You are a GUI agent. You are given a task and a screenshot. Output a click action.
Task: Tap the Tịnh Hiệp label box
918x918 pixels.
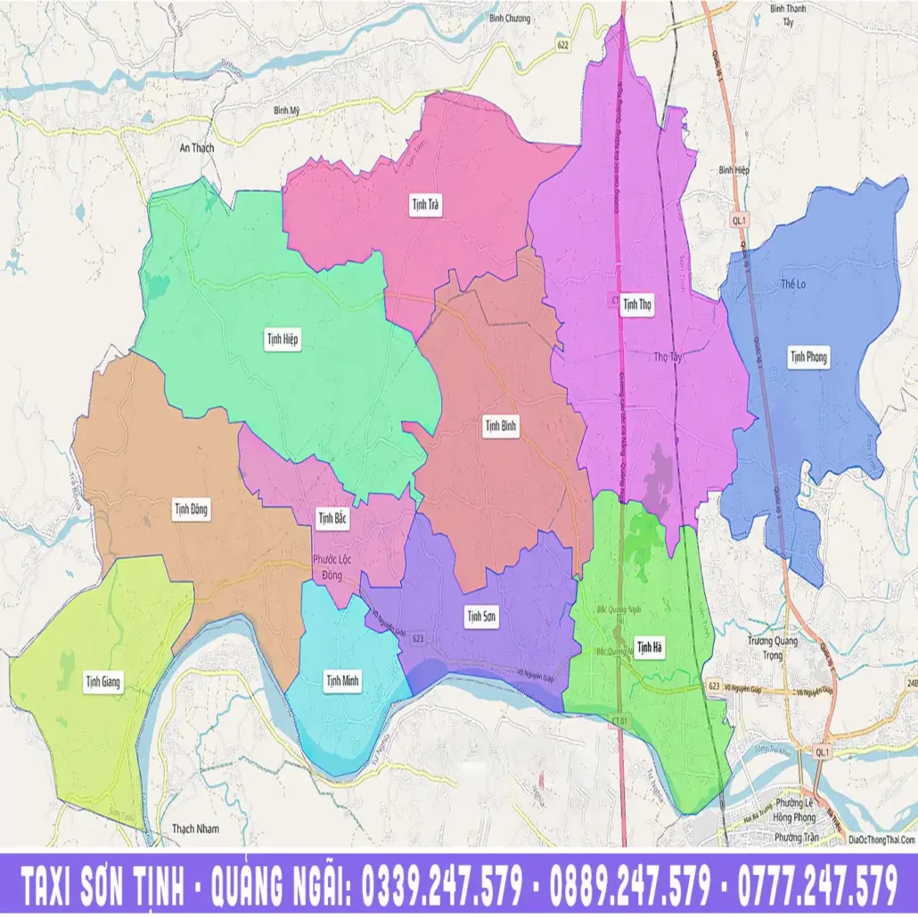tap(283, 339)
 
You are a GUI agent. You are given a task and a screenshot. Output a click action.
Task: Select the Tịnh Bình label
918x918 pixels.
tap(501, 426)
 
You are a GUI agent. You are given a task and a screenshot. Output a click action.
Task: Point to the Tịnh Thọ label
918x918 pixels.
tap(637, 305)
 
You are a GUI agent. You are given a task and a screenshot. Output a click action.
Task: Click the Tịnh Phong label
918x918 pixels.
tap(808, 357)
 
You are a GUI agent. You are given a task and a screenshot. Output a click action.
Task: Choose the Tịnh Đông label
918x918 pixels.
tap(191, 509)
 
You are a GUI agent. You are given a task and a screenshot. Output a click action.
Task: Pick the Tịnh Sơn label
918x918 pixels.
tap(481, 615)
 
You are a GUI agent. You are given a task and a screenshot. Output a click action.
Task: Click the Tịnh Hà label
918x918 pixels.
tap(650, 646)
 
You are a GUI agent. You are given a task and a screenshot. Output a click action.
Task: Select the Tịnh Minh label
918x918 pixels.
tap(342, 682)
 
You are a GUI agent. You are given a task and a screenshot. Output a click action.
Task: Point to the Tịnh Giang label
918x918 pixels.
tap(103, 683)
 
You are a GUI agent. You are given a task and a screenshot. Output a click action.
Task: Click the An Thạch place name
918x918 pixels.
tap(198, 148)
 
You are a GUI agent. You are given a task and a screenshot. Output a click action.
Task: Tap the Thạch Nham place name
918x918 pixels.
tap(195, 829)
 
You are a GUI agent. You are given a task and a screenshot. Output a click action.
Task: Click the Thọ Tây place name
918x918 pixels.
tap(667, 357)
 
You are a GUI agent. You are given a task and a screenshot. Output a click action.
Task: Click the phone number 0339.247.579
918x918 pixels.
tap(439, 886)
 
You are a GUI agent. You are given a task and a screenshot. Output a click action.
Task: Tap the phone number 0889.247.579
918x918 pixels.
tap(630, 886)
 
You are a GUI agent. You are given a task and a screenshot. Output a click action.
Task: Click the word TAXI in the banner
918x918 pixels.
tap(59, 886)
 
